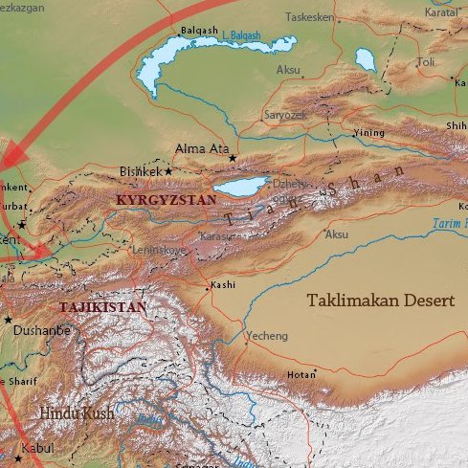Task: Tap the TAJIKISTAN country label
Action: [x=102, y=307]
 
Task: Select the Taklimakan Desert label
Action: [x=380, y=301]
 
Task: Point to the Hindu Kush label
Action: [x=77, y=413]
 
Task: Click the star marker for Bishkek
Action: [x=169, y=170]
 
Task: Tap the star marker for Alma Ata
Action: [x=232, y=158]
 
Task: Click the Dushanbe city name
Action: [x=41, y=329]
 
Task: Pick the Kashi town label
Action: [x=223, y=284]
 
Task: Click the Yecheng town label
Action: [x=266, y=336]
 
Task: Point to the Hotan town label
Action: [x=301, y=374]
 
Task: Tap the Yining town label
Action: [x=368, y=133]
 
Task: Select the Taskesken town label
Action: [x=308, y=18]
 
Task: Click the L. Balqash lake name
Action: [x=241, y=36]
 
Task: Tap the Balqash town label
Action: [x=198, y=30]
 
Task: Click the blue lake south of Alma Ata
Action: [x=240, y=185]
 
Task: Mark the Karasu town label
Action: [x=217, y=235]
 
